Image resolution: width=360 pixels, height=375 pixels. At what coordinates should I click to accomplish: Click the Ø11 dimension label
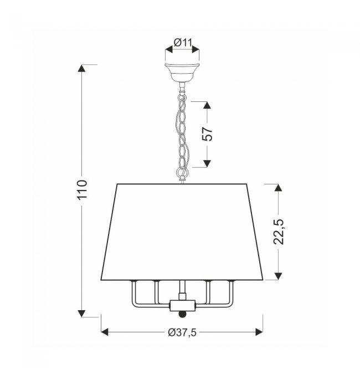click(183, 43)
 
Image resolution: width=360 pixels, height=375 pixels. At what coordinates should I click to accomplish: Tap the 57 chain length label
click(207, 134)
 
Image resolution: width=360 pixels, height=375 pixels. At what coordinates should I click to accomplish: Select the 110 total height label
click(82, 189)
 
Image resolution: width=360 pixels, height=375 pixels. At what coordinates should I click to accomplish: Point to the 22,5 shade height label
click(278, 232)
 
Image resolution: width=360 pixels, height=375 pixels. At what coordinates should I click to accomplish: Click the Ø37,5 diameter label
click(182, 332)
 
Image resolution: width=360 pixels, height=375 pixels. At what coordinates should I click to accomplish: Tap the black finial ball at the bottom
click(183, 314)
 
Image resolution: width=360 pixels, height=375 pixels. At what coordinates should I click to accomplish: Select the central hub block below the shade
click(183, 306)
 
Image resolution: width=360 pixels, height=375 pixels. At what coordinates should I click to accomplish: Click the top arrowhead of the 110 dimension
click(81, 68)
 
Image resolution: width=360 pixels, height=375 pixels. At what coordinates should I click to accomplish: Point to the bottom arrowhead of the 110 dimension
click(81, 314)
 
